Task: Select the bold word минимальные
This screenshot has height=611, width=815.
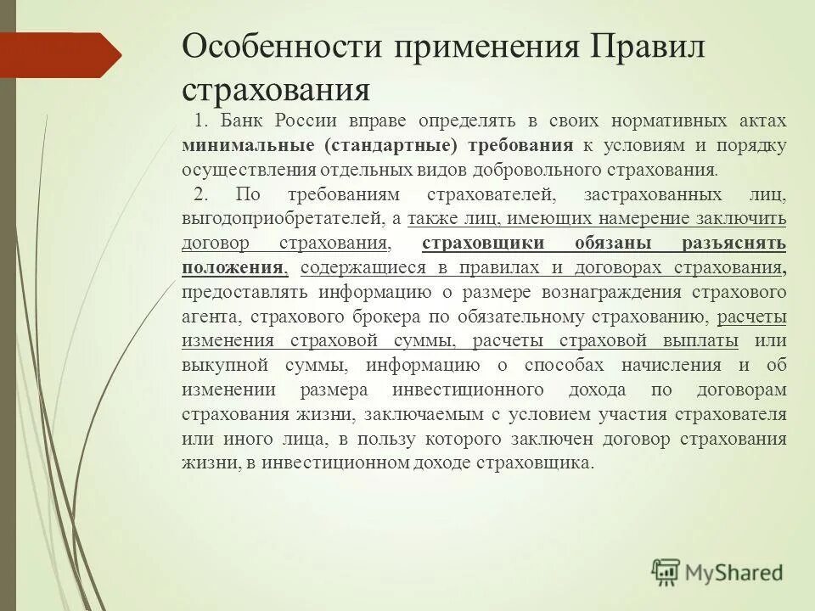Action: tap(245, 145)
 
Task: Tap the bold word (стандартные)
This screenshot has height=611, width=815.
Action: tap(391, 145)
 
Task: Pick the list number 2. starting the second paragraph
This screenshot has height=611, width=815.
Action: tap(202, 194)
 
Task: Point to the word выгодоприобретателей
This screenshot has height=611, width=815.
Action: tap(283, 219)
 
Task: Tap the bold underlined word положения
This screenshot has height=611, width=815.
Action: tap(232, 268)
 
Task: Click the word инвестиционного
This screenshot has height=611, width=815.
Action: tap(468, 391)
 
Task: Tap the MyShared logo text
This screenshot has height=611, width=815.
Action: tap(734, 573)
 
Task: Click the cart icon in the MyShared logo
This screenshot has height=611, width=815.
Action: tap(667, 572)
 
